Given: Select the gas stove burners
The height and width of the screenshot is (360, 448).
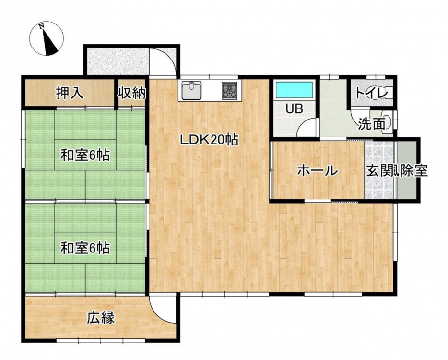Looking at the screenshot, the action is (x=230, y=90).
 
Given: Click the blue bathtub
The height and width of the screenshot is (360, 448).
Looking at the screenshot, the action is (x=294, y=90).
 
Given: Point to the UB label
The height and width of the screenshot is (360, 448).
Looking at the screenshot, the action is (x=295, y=108).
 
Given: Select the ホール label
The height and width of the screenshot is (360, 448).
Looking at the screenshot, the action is (x=318, y=171).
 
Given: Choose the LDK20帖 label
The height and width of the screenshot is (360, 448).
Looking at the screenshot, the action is (x=209, y=140).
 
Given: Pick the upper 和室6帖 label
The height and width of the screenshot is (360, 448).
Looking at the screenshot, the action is (x=85, y=156).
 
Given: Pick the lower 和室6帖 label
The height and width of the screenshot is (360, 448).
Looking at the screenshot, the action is (x=85, y=248).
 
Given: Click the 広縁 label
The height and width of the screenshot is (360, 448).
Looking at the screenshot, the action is (x=101, y=318).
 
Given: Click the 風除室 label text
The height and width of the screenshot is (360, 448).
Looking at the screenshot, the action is (x=411, y=171).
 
